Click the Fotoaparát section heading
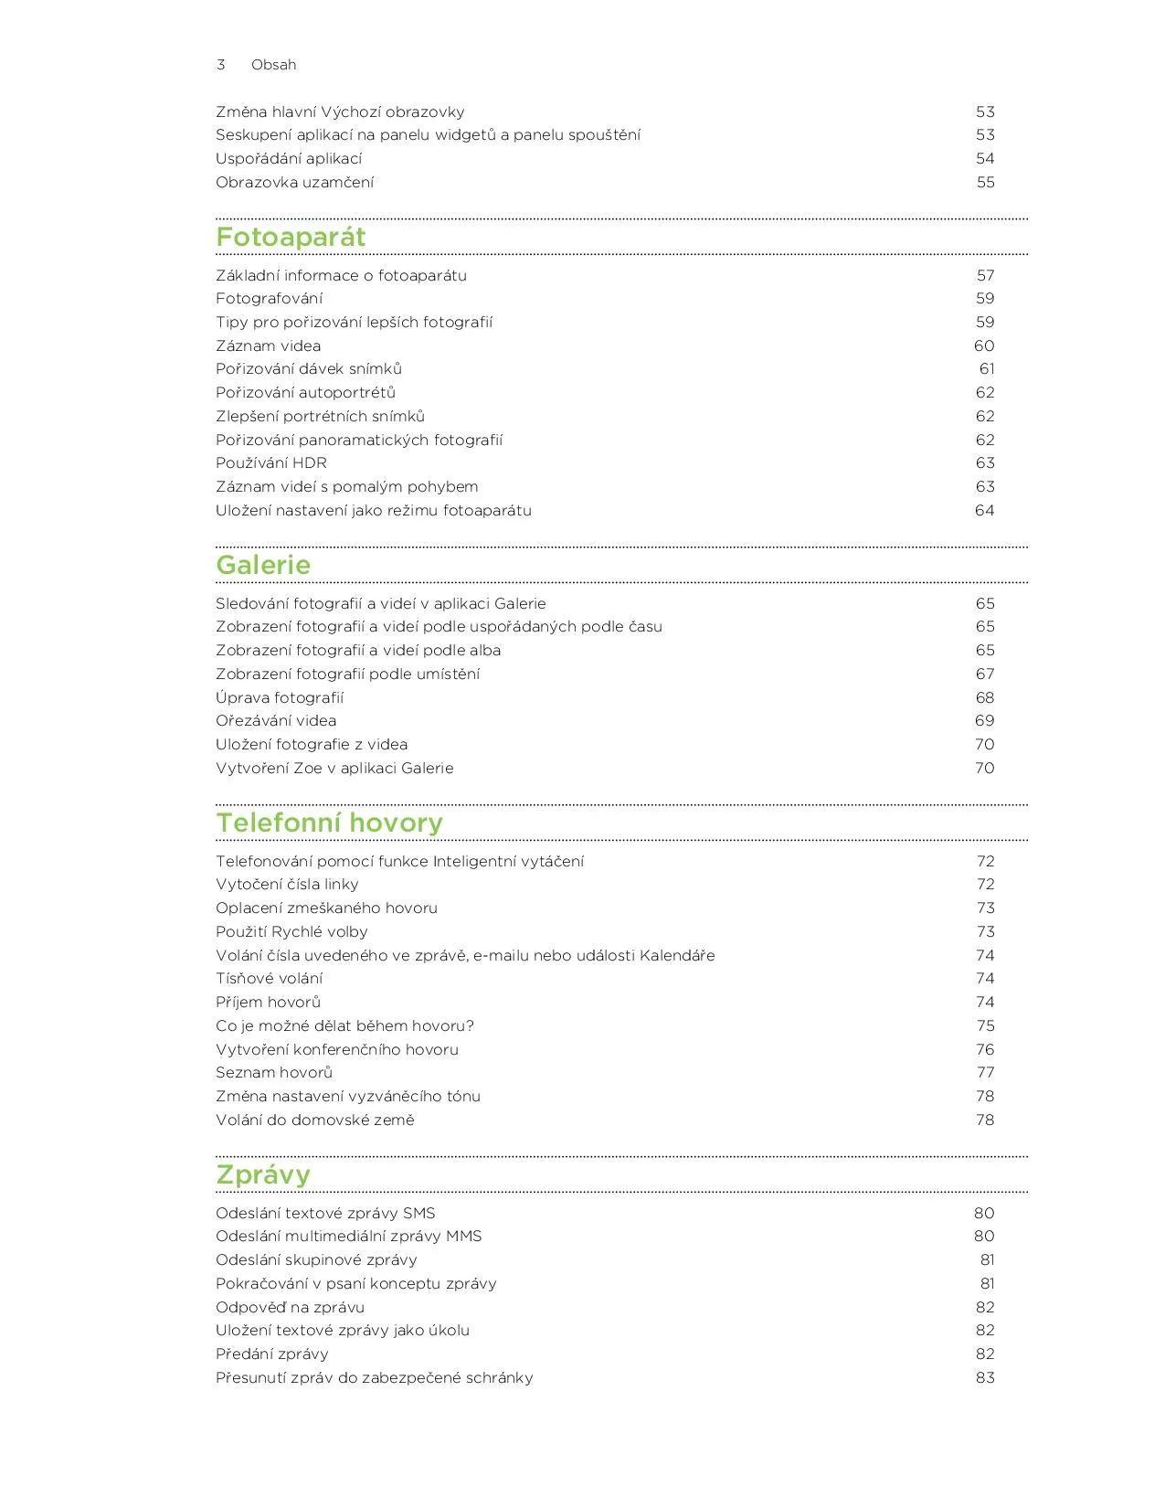(x=291, y=238)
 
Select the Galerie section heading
(x=263, y=566)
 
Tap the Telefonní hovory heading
(x=329, y=823)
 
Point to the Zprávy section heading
(x=263, y=1175)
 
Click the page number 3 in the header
(x=221, y=65)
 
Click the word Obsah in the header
(x=274, y=65)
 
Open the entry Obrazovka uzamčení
(x=294, y=183)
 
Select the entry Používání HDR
(x=271, y=463)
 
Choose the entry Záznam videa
(x=269, y=346)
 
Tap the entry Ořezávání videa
(x=276, y=721)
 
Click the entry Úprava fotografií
(x=280, y=698)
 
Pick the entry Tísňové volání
(x=269, y=979)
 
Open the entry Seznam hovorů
(x=274, y=1073)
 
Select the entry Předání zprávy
(x=272, y=1354)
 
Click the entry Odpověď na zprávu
(x=290, y=1308)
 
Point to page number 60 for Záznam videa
(x=984, y=346)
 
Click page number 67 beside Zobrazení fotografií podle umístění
(x=985, y=674)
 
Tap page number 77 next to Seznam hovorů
(x=985, y=1073)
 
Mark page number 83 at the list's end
(x=985, y=1378)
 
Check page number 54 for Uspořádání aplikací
(x=985, y=159)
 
